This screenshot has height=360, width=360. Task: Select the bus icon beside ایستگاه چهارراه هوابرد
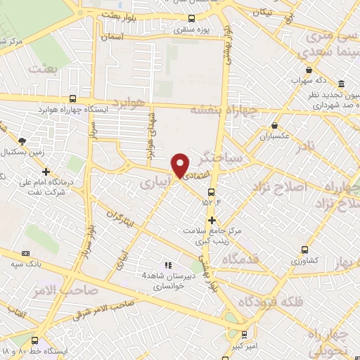pyautogui.click(x=74, y=99)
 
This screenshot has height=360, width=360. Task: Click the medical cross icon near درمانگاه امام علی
pyautogui.click(x=46, y=171)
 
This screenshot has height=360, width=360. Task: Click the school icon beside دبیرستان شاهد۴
pyautogui.click(x=168, y=265)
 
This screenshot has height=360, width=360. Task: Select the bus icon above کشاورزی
pyautogui.click(x=304, y=250)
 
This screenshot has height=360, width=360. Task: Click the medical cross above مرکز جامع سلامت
pyautogui.click(x=212, y=220)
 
